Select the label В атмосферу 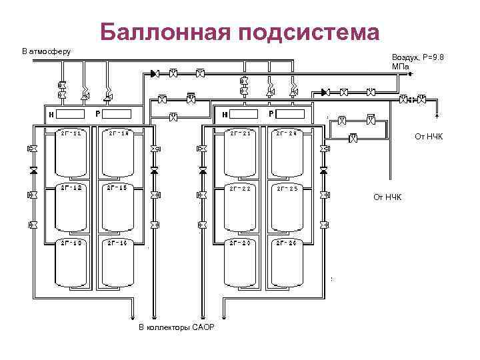click(x=46, y=51)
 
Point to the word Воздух click(x=407, y=58)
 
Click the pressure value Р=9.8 click(x=433, y=58)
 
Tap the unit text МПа click(x=401, y=67)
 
